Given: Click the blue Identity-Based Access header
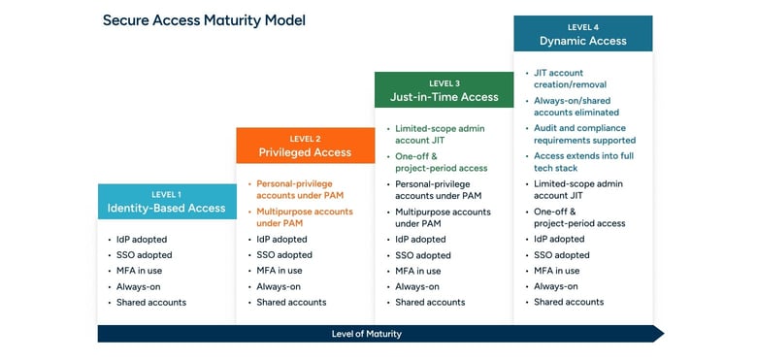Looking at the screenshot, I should pyautogui.click(x=166, y=201).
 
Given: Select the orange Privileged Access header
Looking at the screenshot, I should pyautogui.click(x=305, y=146).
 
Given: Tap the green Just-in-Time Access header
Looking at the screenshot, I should pyautogui.click(x=444, y=90).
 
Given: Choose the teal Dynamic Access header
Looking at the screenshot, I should pyautogui.click(x=582, y=34).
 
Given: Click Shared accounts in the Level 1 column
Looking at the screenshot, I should pyautogui.click(x=151, y=302).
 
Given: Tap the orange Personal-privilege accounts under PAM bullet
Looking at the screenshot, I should pyautogui.click(x=303, y=189).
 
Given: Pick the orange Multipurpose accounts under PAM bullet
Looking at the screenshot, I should pyautogui.click(x=303, y=217).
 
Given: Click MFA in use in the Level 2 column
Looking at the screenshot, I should pyautogui.click(x=279, y=271).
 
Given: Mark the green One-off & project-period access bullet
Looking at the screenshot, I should pyautogui.click(x=443, y=162).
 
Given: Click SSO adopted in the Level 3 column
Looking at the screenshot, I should pyautogui.click(x=422, y=255).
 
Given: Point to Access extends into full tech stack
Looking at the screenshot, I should pyautogui.click(x=583, y=162).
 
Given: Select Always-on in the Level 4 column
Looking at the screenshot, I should pyautogui.click(x=556, y=286).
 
